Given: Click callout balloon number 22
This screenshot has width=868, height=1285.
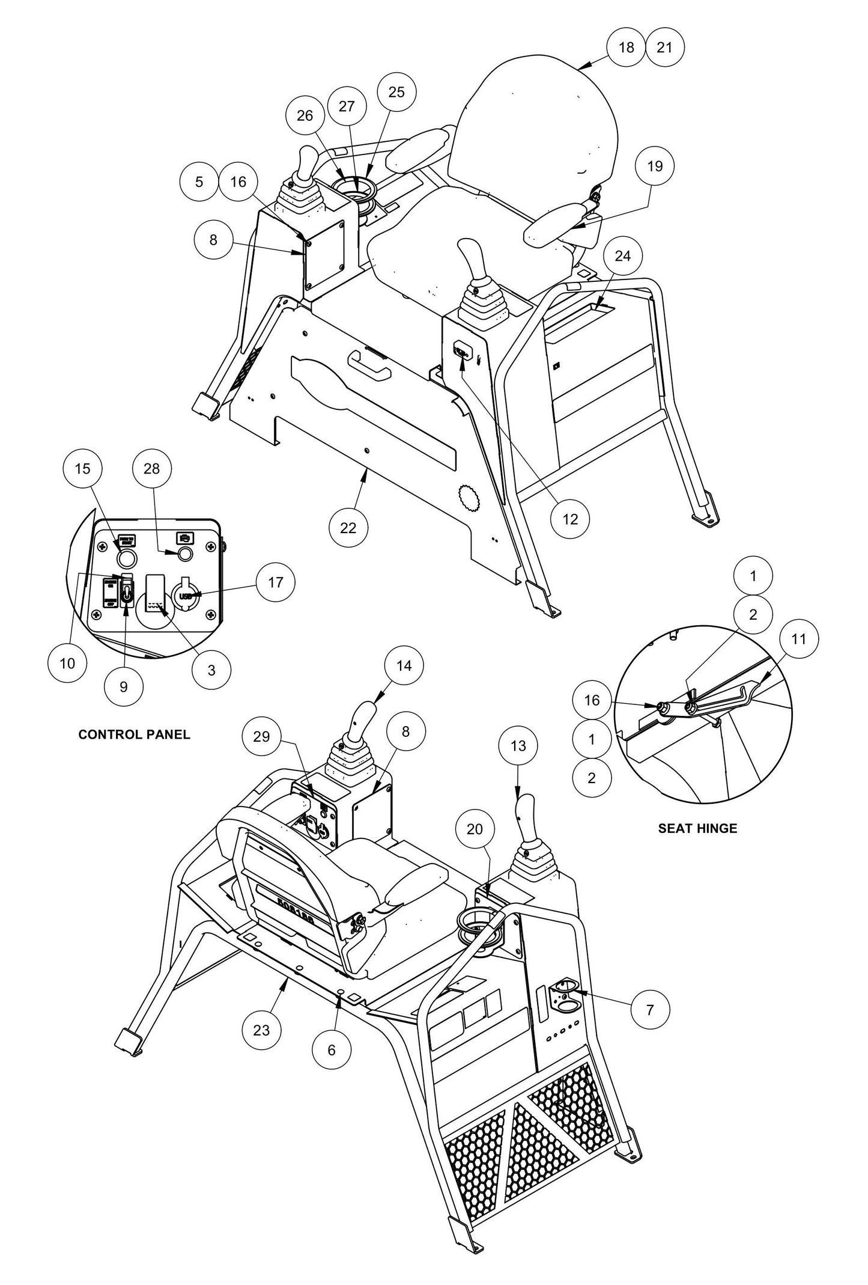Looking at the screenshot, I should click(348, 527).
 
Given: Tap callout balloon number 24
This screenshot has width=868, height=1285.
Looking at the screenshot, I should click(623, 256).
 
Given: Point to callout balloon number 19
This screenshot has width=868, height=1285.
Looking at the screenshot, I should click(655, 166).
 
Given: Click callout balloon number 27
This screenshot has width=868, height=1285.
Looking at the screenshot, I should click(347, 106).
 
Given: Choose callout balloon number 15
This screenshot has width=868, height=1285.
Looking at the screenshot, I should click(83, 468).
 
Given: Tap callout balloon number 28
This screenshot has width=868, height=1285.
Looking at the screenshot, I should click(151, 468).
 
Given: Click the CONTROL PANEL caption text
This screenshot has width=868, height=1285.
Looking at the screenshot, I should click(134, 734).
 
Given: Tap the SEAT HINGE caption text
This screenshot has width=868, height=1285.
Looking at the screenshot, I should click(697, 828).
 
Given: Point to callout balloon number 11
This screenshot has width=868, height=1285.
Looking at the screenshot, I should click(799, 639).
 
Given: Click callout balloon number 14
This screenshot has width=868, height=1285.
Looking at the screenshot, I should click(404, 665).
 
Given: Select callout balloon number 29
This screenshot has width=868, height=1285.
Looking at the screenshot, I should click(262, 737).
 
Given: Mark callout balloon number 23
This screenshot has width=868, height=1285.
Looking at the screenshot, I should click(261, 1030).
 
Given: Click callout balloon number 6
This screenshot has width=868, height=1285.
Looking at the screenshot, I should click(332, 1049).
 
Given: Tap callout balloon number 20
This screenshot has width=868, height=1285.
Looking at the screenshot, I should click(475, 829).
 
